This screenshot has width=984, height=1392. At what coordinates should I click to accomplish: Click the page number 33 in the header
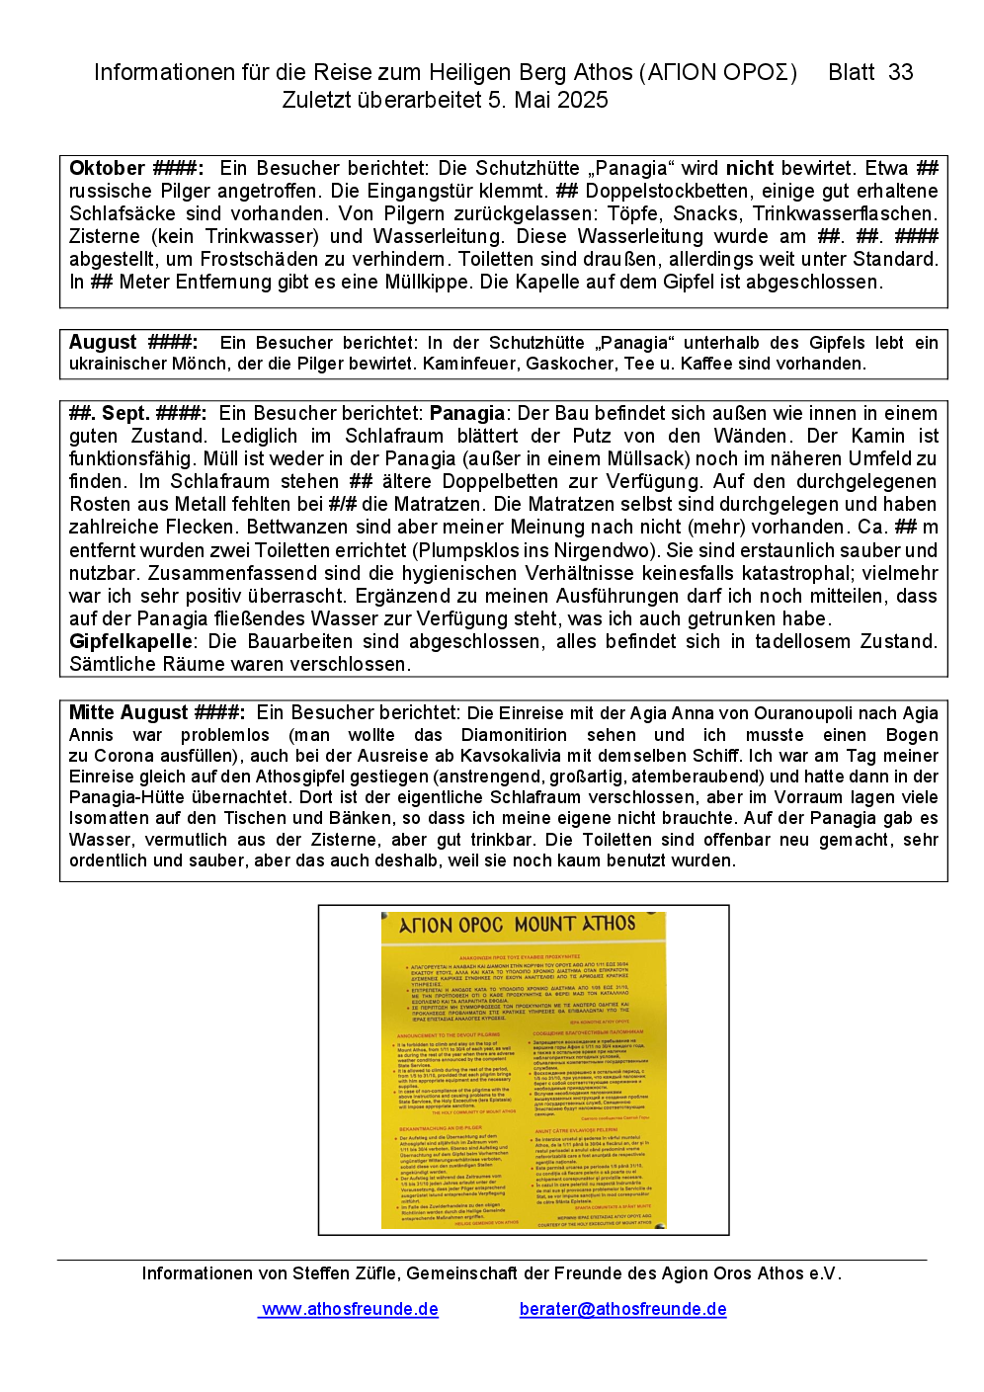900,72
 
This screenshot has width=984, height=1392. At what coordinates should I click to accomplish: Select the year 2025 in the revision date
582,100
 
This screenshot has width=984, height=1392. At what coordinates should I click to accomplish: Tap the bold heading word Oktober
107,168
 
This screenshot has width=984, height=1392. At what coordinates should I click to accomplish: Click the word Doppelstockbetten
663,191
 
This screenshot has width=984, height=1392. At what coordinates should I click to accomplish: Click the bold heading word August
103,342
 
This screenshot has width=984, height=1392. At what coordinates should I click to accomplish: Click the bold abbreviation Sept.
125,413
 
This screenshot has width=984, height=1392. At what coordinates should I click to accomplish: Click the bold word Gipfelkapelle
129,641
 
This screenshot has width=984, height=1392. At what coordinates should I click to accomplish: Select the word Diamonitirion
514,735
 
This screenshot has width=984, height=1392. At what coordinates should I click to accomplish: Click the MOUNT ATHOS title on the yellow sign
575,925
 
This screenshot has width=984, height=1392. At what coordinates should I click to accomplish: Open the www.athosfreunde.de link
350,1309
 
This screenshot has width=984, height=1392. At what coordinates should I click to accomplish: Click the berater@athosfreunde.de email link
622,1309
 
